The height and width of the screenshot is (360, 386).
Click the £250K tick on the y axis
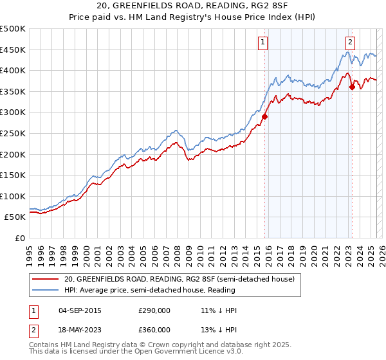click(13, 133)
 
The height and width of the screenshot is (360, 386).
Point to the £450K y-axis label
click(13, 50)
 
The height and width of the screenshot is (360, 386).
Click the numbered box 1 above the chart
click(264, 42)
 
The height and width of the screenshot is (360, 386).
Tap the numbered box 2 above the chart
click(349, 42)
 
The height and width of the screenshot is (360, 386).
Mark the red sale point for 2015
click(264, 116)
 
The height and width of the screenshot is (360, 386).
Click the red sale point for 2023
click(352, 87)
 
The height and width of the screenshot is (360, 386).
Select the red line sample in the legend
click(46, 279)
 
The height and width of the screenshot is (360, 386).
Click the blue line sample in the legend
click(46, 290)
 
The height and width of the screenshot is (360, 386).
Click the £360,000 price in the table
click(154, 329)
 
